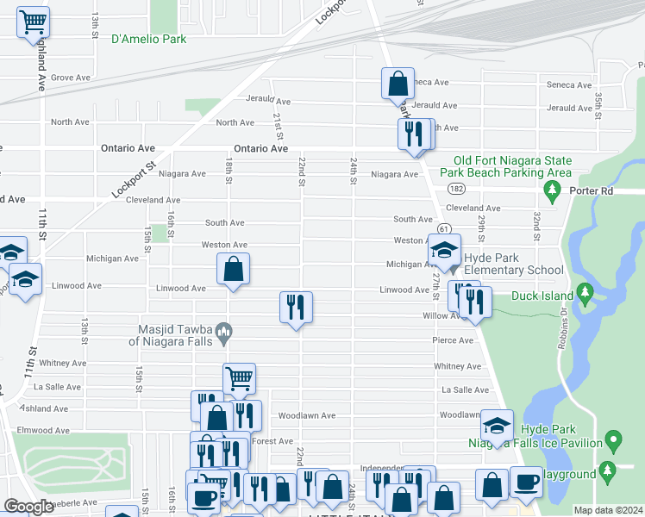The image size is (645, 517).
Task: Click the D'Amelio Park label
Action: pyautogui.click(x=148, y=39)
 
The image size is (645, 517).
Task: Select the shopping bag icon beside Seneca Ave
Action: pyautogui.click(x=398, y=84)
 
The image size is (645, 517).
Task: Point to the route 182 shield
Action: pyautogui.click(x=456, y=188)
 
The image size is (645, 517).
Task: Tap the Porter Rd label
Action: pyautogui.click(x=613, y=190)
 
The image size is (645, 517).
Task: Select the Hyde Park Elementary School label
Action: pyautogui.click(x=514, y=264)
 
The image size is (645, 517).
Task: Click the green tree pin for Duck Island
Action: pyautogui.click(x=586, y=295)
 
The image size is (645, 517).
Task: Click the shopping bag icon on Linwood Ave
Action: pyautogui.click(x=233, y=269)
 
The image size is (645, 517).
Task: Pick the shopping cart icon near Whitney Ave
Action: pyautogui.click(x=239, y=377)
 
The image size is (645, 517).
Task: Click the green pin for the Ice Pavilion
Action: pyautogui.click(x=613, y=441)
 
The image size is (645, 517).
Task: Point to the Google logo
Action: pyautogui.click(x=28, y=507)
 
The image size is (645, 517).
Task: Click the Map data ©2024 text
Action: pyautogui.click(x=608, y=510)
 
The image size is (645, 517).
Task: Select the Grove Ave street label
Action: pyautogui.click(x=71, y=78)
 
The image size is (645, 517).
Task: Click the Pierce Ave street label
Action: pyautogui.click(x=453, y=340)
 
